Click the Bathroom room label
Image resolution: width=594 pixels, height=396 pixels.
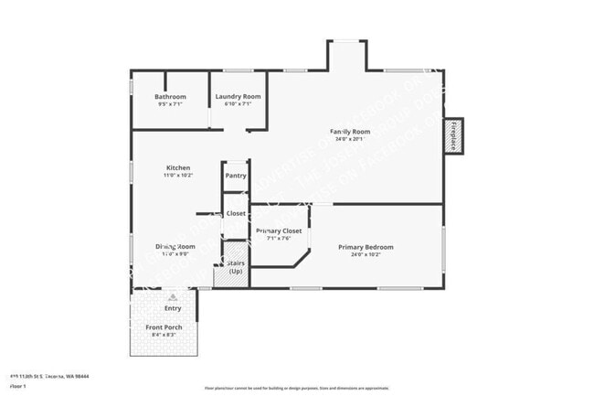pos(170,97)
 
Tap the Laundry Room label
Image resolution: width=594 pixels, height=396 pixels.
pos(238,97)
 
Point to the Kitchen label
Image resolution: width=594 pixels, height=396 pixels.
pos(177,167)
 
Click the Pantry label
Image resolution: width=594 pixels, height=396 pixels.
pos(236,176)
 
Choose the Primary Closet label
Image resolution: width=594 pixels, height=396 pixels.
pos(279,231)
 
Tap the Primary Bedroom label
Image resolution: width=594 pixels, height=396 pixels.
pos(366,247)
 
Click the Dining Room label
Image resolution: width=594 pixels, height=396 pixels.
pos(175,247)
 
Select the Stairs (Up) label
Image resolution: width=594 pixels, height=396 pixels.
pos(235,266)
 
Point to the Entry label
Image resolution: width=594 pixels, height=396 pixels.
pos(173,308)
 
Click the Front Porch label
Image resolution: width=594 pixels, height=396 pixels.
pos(164,327)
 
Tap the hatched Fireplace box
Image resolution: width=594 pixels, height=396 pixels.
pos(453,136)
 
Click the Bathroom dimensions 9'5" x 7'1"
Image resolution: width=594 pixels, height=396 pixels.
pos(170,104)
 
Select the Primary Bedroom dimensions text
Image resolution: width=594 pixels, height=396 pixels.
pos(366,254)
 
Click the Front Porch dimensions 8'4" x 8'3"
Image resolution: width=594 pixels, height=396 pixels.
pos(164,335)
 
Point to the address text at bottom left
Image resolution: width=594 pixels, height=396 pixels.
pos(49,376)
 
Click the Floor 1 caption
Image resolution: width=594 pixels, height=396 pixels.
pos(17,386)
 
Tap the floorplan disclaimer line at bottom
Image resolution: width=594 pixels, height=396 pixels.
pos(296,389)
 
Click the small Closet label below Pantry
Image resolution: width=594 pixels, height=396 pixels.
pos(236,213)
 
